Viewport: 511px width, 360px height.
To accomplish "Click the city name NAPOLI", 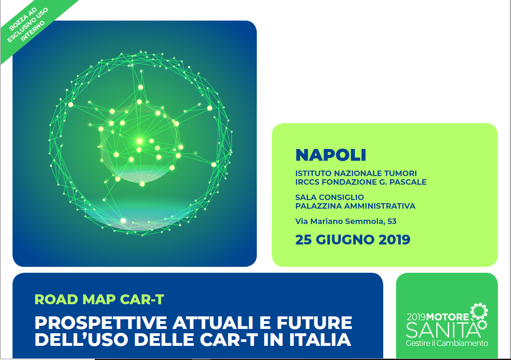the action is pos(331,155).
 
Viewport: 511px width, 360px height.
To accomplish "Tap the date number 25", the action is pos(303,240).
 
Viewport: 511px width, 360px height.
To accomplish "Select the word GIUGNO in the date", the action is pos(346,240).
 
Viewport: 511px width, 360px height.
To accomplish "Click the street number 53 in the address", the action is pos(392,221).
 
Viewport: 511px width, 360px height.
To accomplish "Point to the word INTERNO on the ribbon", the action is pos(32,31).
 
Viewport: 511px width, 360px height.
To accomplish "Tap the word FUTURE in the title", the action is pos(314,323).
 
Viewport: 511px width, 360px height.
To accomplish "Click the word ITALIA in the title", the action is pos(320,340).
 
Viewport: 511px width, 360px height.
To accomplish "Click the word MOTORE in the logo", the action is pos(447,317).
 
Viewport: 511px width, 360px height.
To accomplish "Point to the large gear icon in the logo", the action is pos(479,311).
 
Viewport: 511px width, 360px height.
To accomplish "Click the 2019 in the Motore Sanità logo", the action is pos(416,317).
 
